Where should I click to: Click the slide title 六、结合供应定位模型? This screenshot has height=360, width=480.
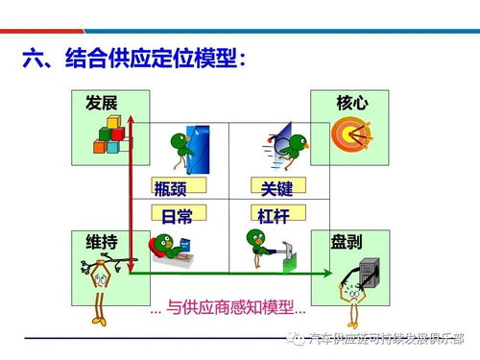tap(135, 60)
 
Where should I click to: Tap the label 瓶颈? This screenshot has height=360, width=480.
tap(175, 187)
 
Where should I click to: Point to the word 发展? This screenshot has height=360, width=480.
tap(101, 103)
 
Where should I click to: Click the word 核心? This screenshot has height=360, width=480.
tap(351, 103)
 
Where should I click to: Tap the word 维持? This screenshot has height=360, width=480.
tap(101, 242)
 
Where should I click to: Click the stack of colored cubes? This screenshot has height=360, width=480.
tap(110, 136)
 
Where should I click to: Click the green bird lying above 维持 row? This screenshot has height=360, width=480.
tap(173, 250)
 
